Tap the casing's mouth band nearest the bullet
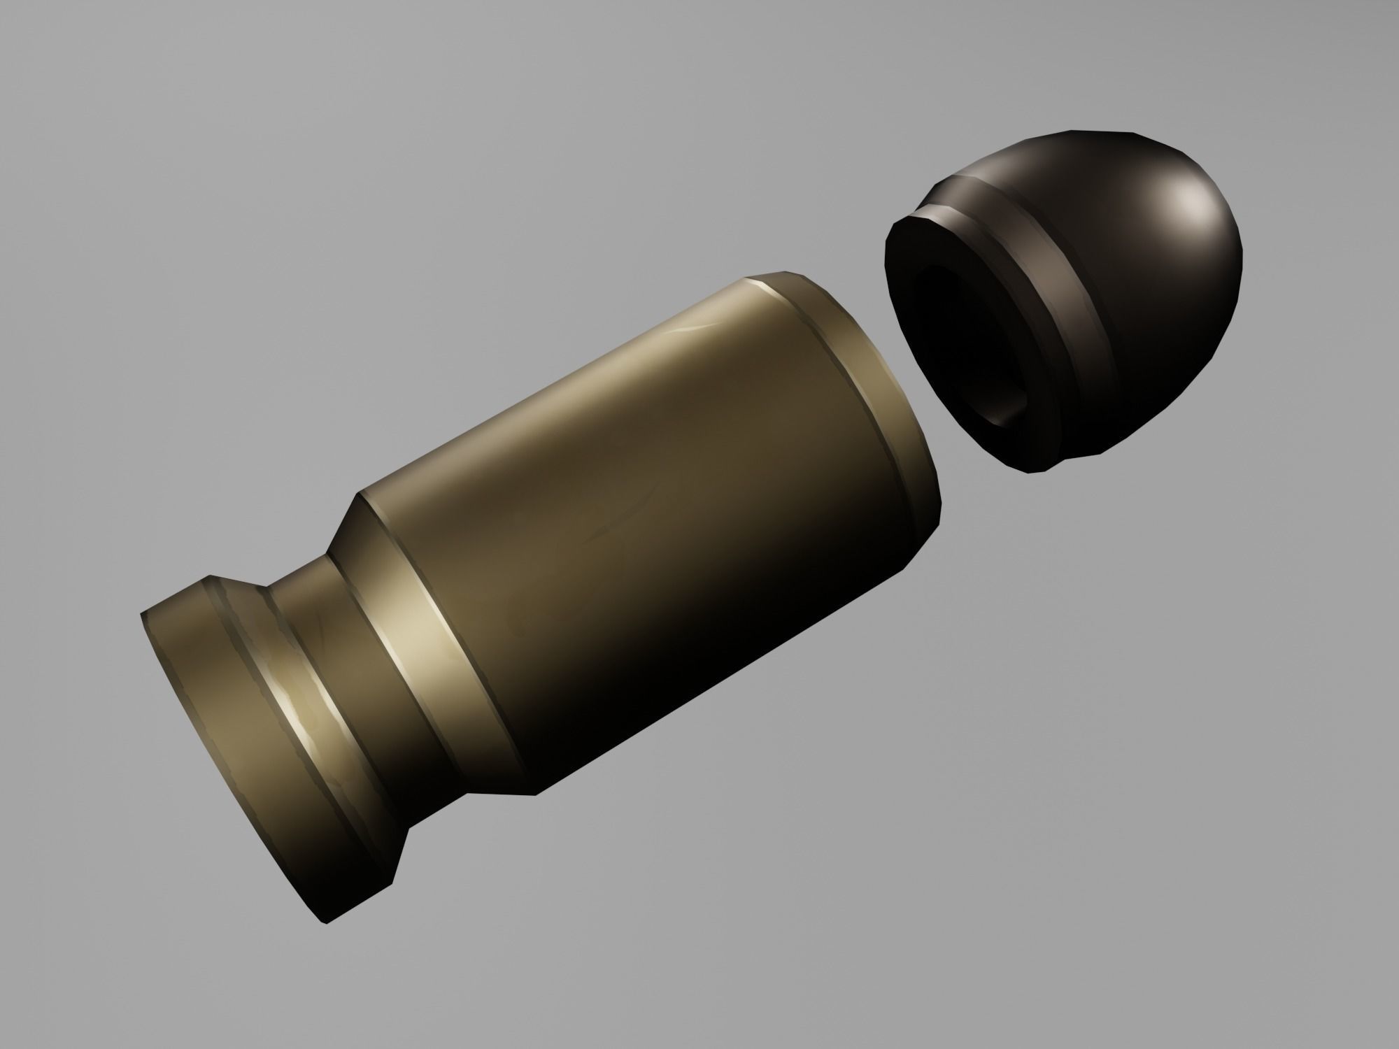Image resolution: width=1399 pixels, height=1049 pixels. click(x=888, y=392)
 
